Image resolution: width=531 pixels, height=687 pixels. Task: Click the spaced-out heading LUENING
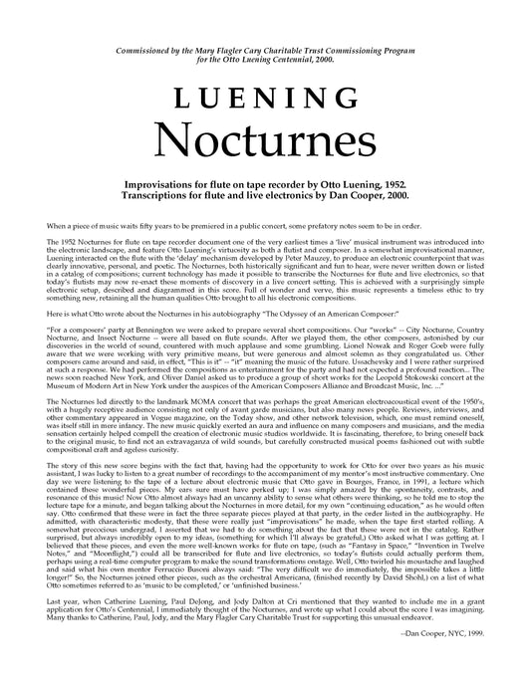pyautogui.click(x=265, y=98)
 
